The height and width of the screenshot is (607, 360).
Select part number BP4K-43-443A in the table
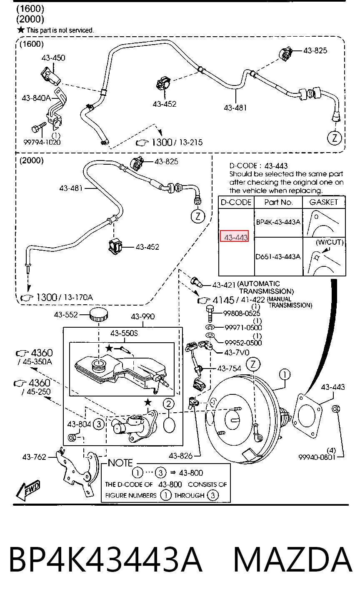(x=278, y=222)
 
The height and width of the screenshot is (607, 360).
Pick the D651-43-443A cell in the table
(x=278, y=256)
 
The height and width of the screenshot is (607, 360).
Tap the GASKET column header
(x=324, y=202)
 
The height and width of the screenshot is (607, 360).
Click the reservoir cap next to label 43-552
(x=99, y=314)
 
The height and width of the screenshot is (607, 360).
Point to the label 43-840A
(x=36, y=98)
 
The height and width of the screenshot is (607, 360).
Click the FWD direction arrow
(x=27, y=490)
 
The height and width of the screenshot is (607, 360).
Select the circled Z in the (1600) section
(x=335, y=138)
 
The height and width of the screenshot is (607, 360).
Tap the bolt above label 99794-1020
(x=39, y=127)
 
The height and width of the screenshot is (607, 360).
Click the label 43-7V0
(x=237, y=353)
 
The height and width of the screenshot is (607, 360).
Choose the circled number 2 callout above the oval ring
(x=168, y=404)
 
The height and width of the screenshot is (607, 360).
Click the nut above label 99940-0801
(x=336, y=409)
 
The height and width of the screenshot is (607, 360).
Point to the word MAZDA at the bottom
(x=292, y=560)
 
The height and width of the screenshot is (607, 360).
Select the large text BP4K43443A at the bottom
(x=106, y=560)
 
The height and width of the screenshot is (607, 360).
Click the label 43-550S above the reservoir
(x=124, y=333)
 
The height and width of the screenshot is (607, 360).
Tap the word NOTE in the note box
(x=120, y=463)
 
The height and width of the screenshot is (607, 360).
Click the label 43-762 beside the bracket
(x=34, y=457)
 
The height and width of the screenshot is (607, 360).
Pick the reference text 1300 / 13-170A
(x=65, y=297)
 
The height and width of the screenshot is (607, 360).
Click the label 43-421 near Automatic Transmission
(x=224, y=285)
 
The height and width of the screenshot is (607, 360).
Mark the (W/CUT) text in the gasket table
(x=330, y=242)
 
